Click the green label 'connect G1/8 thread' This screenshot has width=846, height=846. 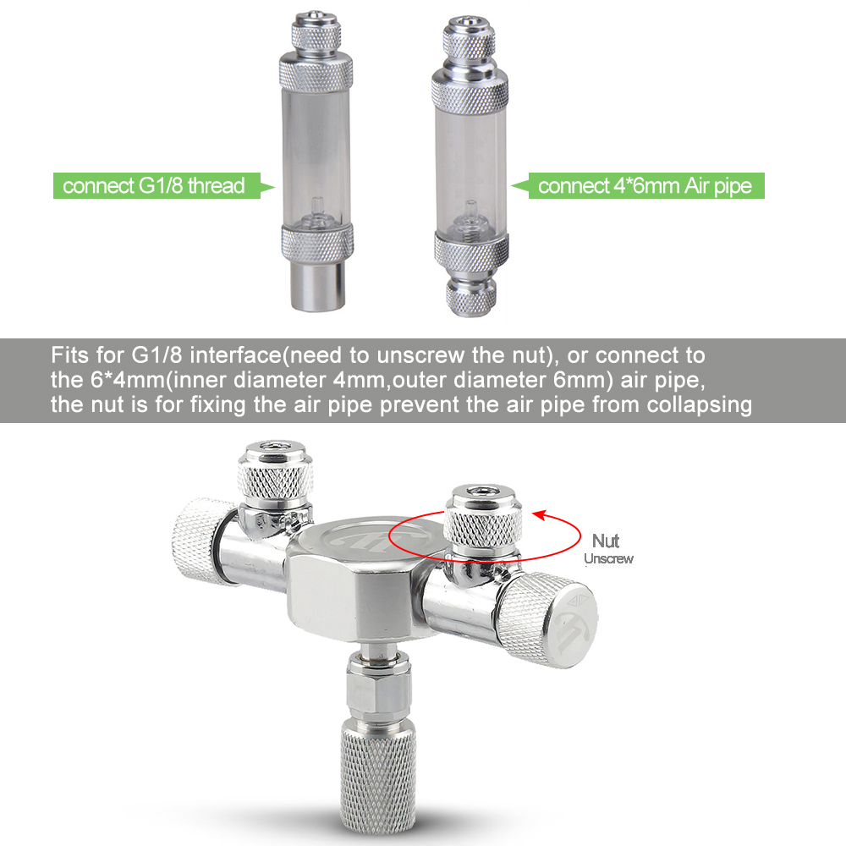tap(153, 185)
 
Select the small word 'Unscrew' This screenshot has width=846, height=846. tap(608, 558)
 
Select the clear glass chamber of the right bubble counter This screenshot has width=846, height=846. tap(471, 161)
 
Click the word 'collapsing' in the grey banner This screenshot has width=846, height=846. tap(700, 404)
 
